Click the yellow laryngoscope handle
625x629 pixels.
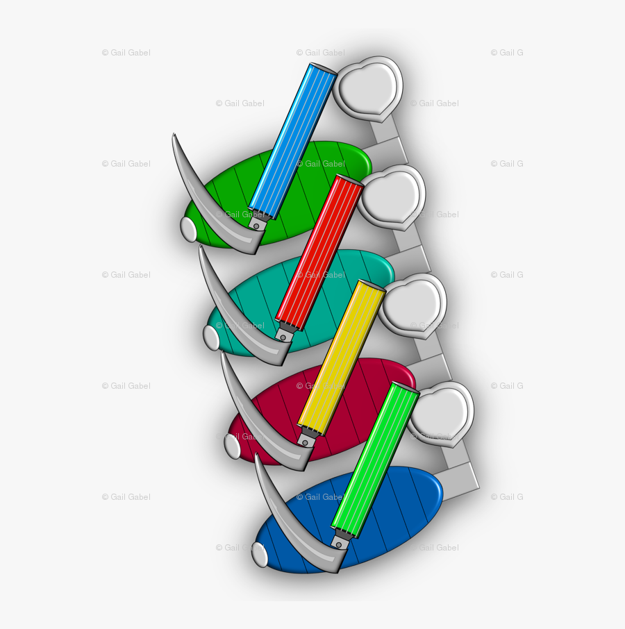[342, 358]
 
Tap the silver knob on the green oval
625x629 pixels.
[188, 229]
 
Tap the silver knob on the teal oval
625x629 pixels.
[211, 337]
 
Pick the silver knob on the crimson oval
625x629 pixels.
[232, 446]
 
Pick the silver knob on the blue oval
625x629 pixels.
[260, 555]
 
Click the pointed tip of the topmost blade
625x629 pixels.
[174, 135]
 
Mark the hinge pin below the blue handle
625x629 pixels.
[256, 226]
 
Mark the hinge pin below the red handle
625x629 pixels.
[283, 337]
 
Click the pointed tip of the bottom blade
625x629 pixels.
[256, 455]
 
